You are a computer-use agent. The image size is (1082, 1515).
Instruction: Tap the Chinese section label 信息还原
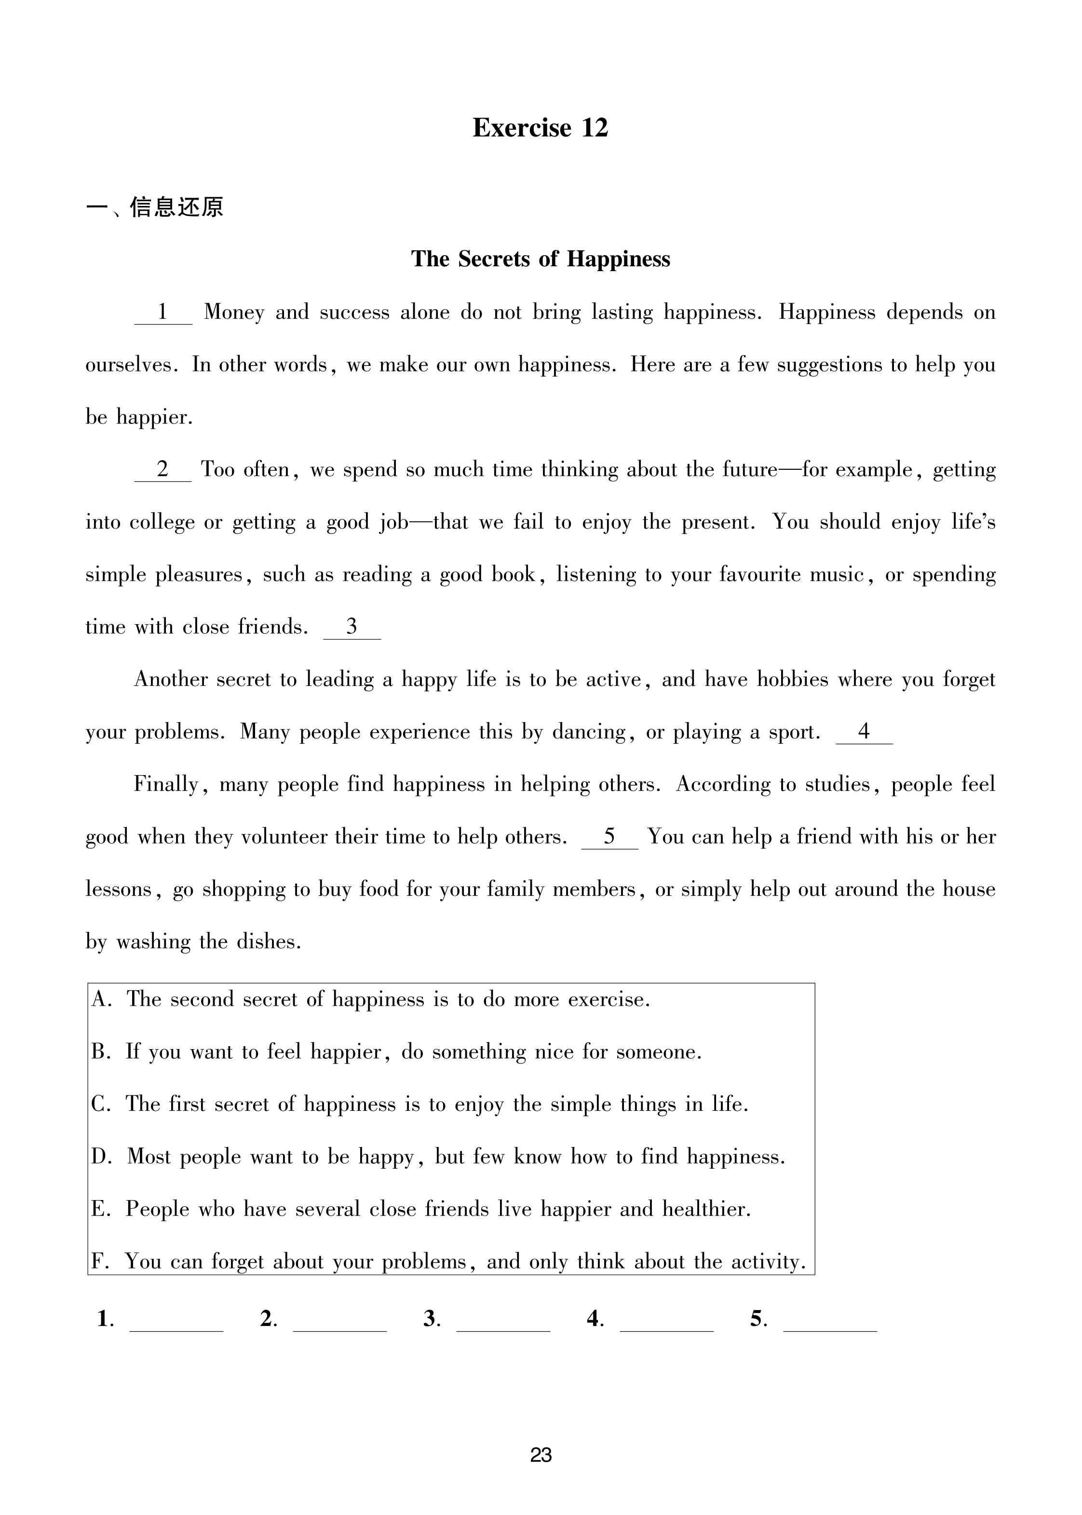click(176, 207)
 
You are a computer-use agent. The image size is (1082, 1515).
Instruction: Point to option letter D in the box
click(101, 1157)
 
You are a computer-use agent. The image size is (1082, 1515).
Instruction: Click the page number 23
click(541, 1455)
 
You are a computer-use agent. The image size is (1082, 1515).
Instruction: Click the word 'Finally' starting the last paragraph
click(166, 784)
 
